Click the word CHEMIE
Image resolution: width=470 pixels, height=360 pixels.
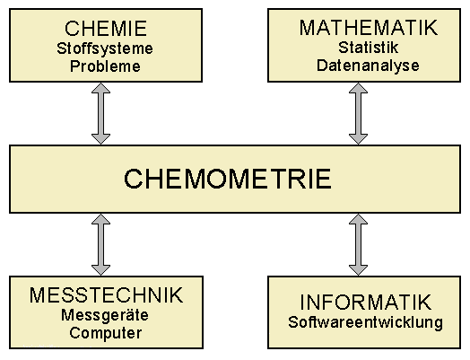(106, 29)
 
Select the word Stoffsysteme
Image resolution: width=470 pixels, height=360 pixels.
(105, 48)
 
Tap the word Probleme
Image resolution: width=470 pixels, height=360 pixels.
(105, 66)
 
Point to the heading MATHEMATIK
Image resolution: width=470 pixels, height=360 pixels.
(368, 28)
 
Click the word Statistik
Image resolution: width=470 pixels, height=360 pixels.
(369, 48)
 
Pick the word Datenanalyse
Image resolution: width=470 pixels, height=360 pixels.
(368, 66)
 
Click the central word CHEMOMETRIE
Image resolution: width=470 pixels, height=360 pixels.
(228, 179)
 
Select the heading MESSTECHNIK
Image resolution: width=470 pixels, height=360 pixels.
(106, 295)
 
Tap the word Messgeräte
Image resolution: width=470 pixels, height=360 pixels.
(105, 315)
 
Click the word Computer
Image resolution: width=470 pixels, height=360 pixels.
(106, 333)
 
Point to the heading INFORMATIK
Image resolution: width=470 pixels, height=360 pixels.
(366, 303)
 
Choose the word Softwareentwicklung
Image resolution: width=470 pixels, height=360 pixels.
(365, 322)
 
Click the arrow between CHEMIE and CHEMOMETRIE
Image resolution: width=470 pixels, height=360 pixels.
(100, 114)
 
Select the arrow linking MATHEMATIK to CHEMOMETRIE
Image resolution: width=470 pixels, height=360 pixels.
(358, 114)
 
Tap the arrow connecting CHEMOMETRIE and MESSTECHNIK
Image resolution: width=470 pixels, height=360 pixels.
(100, 245)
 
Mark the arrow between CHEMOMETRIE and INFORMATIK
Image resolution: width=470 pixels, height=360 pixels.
(358, 245)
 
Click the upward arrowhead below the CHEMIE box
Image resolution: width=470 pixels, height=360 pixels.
(100, 88)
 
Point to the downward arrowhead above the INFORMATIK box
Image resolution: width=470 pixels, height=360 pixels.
(358, 270)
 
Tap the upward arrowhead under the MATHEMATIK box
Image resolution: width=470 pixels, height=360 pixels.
(358, 88)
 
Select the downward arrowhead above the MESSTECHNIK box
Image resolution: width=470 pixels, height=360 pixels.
(100, 270)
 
